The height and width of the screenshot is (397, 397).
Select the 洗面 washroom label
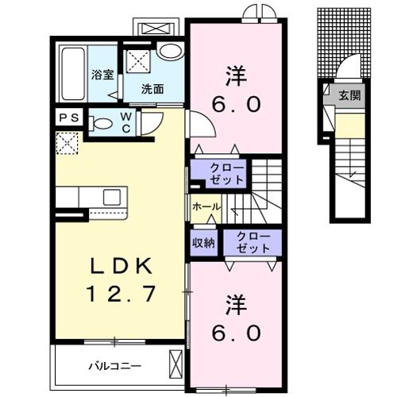click(x=152, y=89)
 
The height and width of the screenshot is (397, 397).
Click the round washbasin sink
click(x=168, y=50)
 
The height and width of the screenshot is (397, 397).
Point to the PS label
click(x=68, y=118)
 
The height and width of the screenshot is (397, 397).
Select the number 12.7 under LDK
click(x=119, y=294)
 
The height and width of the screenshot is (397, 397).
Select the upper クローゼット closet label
click(x=228, y=172)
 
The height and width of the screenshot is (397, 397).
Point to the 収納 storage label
click(x=204, y=242)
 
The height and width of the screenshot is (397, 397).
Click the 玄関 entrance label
click(x=349, y=95)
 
